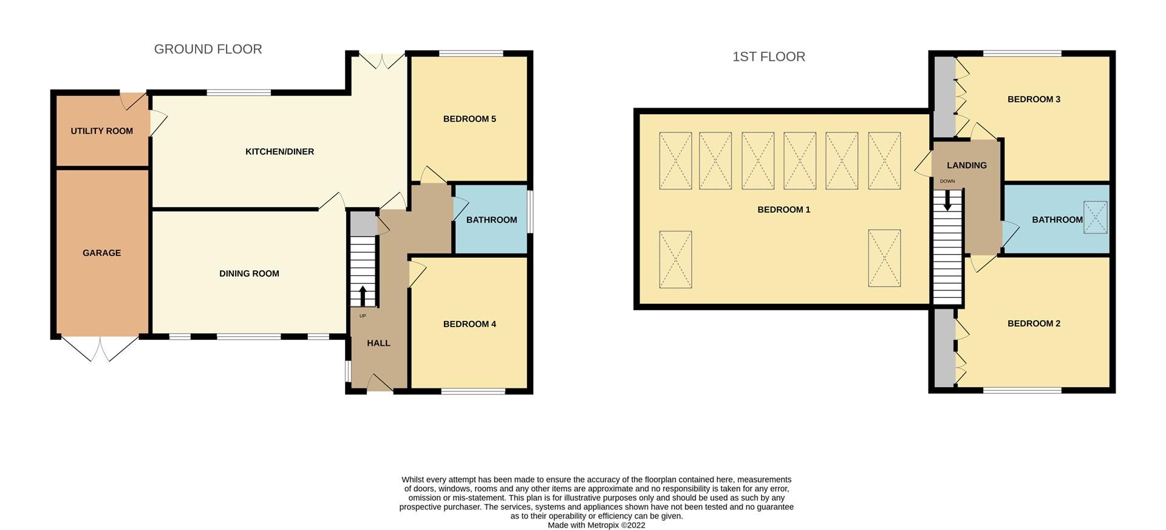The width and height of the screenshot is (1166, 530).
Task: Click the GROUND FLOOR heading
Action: (208, 49)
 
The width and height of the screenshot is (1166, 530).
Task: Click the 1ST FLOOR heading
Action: (768, 57)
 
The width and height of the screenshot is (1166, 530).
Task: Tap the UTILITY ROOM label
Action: (101, 131)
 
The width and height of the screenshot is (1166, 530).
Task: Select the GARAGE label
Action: (101, 253)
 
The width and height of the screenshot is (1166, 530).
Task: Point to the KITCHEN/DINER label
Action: (279, 151)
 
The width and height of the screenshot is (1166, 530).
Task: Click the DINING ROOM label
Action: (249, 274)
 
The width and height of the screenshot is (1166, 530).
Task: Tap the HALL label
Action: (378, 343)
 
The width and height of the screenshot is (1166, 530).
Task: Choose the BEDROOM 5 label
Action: (469, 119)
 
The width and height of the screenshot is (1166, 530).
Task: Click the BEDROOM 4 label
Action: (469, 324)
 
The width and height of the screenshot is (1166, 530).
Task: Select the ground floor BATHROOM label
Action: (491, 219)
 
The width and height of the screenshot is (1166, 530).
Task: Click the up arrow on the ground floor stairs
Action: (363, 296)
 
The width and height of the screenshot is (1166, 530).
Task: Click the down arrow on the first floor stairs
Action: (947, 201)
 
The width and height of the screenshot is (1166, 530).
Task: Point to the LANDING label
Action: (966, 165)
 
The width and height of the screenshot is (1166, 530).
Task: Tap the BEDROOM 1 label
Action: (783, 210)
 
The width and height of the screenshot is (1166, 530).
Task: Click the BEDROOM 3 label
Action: (1034, 99)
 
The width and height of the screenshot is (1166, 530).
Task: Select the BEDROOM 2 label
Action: (1034, 323)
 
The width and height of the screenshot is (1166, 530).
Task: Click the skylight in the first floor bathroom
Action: (1096, 217)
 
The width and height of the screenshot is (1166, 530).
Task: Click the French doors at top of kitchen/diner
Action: (382, 60)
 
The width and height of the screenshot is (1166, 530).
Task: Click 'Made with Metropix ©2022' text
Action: (596, 525)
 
